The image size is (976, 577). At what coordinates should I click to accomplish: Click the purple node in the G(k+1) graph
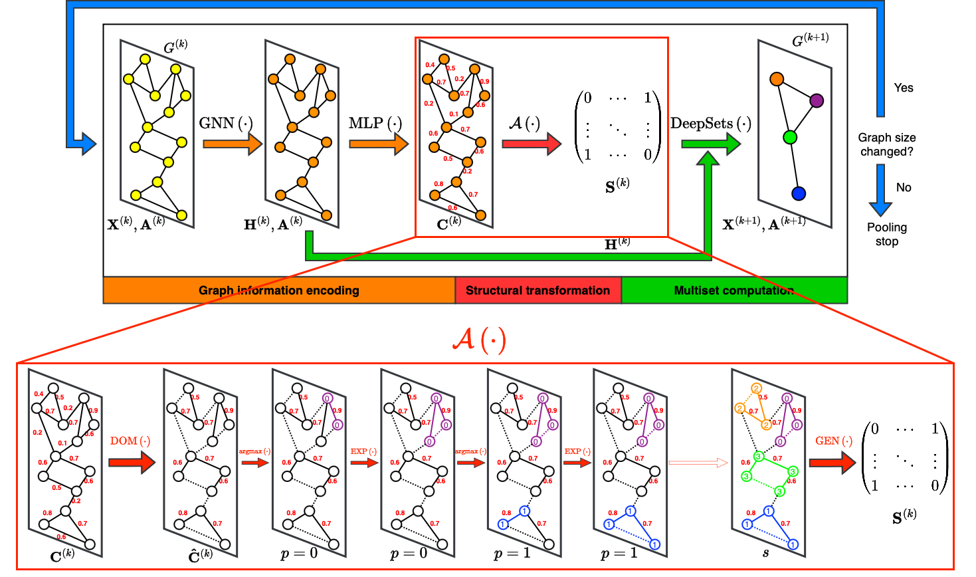pos(817,100)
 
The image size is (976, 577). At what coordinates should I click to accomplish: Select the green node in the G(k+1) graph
pos(789,138)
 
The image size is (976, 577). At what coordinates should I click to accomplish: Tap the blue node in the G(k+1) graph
pos(799,193)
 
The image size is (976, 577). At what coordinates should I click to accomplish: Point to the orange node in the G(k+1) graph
pos(777,79)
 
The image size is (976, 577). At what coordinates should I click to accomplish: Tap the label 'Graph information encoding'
pos(278,290)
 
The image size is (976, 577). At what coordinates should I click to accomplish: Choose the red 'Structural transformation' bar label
pos(537,290)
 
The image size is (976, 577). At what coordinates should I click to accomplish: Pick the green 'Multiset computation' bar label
pos(733,290)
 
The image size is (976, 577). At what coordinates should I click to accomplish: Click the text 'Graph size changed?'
pos(886,145)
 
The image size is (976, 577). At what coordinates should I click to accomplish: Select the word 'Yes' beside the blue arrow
pos(904,88)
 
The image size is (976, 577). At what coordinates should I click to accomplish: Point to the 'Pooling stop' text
pos(886,234)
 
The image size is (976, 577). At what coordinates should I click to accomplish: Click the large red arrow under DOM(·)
pos(131,462)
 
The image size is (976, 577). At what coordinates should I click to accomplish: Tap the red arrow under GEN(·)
pos(832,462)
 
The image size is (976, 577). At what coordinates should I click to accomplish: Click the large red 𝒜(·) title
pos(479,340)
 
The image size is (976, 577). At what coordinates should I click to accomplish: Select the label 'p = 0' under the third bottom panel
pos(299,554)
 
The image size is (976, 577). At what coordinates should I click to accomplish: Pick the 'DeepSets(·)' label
pos(710,124)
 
